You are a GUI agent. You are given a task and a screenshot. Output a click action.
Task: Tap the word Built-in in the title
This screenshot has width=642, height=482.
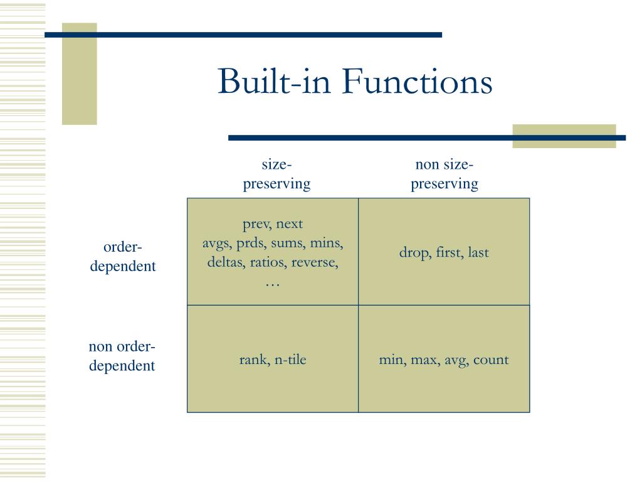click(x=276, y=82)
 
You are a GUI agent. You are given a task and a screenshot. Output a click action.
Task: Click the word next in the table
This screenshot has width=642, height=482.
click(x=289, y=224)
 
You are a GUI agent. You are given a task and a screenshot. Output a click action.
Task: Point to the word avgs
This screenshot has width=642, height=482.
click(x=217, y=243)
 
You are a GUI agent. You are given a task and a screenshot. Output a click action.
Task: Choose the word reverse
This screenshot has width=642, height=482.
click(x=314, y=262)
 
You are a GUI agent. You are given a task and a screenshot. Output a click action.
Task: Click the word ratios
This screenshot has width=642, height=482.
click(x=268, y=262)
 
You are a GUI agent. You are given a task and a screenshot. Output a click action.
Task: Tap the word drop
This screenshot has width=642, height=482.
click(x=414, y=253)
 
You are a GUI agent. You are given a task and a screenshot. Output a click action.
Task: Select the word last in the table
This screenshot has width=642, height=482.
click(x=478, y=253)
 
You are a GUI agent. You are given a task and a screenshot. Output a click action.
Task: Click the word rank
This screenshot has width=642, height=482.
click(x=253, y=360)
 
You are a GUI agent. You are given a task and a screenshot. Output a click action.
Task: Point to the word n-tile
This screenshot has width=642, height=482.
click(x=290, y=360)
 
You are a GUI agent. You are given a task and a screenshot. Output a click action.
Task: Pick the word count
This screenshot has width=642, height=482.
click(x=491, y=360)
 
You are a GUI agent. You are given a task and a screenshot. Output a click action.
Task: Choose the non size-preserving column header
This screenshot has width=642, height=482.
click(x=444, y=174)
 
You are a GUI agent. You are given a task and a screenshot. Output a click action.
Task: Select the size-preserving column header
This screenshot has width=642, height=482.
click(x=276, y=174)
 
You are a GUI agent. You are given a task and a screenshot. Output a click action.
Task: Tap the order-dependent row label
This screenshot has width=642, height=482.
click(x=123, y=256)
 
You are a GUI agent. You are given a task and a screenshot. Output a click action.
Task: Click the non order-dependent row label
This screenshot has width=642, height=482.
click(x=122, y=356)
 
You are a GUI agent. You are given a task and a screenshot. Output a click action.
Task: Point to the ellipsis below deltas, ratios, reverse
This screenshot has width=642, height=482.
click(x=273, y=283)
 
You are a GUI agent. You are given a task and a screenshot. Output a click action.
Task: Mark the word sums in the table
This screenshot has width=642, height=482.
click(x=288, y=243)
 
